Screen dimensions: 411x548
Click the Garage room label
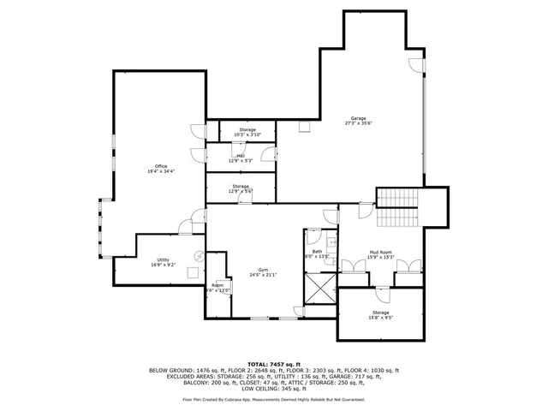point(358,118)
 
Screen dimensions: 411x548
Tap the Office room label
point(161,166)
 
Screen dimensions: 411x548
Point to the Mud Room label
point(380,252)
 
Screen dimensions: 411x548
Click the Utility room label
point(163,259)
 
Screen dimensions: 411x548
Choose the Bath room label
point(317,251)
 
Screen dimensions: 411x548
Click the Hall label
point(240,155)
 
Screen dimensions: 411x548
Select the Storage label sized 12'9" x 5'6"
point(240,186)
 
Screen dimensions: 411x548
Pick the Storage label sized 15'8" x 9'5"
point(380,313)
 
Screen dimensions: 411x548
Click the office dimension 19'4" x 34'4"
point(161,172)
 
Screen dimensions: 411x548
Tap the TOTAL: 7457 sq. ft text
point(274,363)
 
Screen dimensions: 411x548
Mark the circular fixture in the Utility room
point(199,253)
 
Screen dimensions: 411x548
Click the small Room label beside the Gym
point(217,284)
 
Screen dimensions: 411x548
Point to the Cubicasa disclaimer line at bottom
point(274,399)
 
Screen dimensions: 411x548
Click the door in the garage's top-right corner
point(414,63)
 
